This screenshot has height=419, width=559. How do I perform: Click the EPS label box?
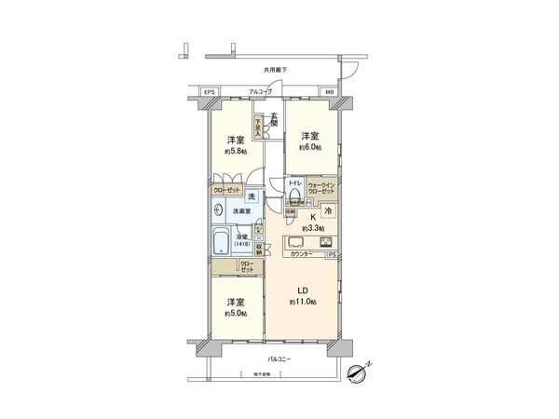pos(210,91)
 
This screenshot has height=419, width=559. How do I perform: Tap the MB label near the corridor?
pos(330,91)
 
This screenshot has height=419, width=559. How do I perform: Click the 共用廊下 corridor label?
pos(276,69)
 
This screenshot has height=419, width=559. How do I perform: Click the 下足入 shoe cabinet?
pos(260,127)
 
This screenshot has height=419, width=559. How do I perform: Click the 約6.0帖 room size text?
pos(310,147)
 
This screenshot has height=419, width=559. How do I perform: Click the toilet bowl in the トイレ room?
pos(294,197)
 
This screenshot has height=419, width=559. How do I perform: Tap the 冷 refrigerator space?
pos(332,213)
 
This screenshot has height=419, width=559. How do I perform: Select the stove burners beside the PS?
pos(328,244)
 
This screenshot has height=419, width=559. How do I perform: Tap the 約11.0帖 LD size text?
pos(304,303)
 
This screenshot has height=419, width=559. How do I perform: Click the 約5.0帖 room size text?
pos(234,314)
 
